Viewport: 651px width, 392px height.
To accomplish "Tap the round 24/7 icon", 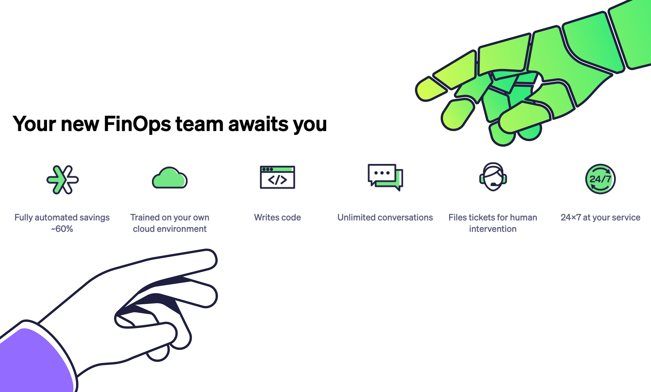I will pyautogui.click(x=600, y=179).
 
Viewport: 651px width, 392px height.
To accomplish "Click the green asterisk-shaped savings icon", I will pyautogui.click(x=62, y=180).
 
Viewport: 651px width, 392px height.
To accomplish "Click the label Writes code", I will pyautogui.click(x=277, y=217).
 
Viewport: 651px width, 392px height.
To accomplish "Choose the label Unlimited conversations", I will pyautogui.click(x=385, y=217).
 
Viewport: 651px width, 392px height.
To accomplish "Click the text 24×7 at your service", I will pyautogui.click(x=600, y=217).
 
